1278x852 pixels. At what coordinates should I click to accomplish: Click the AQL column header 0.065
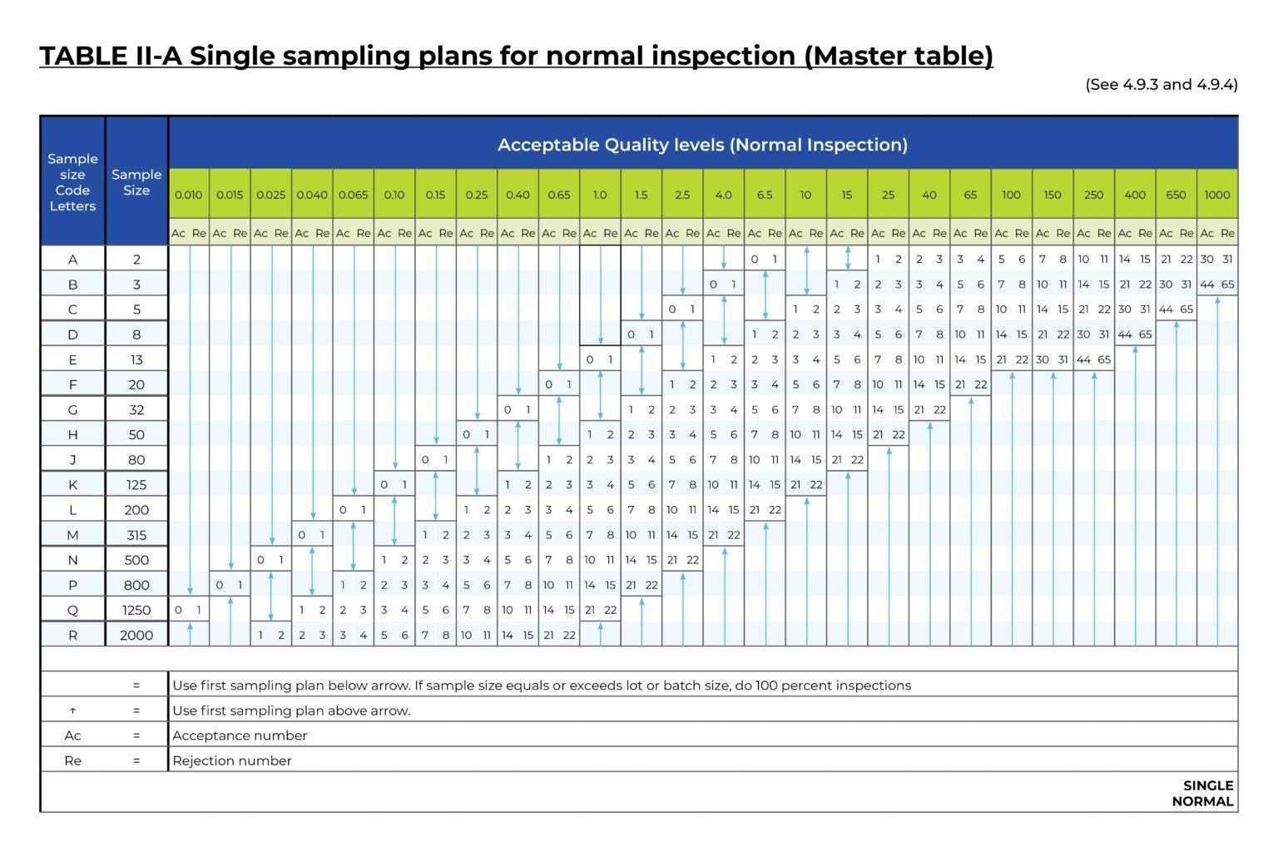coord(353,195)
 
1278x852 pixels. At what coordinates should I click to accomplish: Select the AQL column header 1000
coord(1216,195)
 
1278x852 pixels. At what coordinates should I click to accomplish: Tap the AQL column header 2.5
coord(682,195)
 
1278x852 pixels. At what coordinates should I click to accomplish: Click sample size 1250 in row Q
coord(136,610)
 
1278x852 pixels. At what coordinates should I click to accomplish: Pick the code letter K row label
coord(72,484)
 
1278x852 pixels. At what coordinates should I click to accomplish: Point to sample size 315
coord(136,535)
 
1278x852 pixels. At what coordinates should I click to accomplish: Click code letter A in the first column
coord(72,260)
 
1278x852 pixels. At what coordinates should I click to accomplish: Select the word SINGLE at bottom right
coord(1208,785)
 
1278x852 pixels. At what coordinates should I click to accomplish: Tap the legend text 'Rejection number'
coord(232,760)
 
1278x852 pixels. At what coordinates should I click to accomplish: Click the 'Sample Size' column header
coord(136,182)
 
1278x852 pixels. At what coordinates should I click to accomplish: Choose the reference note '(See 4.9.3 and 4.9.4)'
coord(1162,84)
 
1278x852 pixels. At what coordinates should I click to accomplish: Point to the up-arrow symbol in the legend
coord(72,711)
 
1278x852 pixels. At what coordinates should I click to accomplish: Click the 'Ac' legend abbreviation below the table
coord(72,736)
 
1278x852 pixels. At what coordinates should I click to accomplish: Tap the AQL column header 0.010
coord(188,195)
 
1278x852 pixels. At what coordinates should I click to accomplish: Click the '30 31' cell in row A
coord(1216,260)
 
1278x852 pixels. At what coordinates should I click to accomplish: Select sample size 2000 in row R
coord(136,635)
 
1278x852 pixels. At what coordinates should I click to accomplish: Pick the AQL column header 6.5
coord(765,195)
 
